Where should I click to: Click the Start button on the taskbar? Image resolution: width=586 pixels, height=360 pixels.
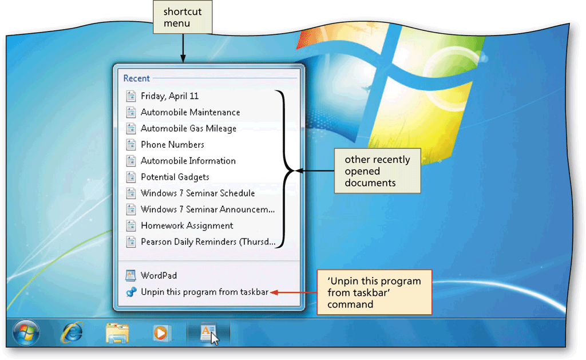pos(26,333)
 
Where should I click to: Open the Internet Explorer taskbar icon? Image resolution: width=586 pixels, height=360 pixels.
pos(72,332)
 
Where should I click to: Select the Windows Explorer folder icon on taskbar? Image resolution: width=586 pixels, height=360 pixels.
pos(117,333)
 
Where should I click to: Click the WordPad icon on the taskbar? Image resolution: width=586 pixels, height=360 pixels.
pos(208,332)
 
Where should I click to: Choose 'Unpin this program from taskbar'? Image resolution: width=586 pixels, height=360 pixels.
pos(204,292)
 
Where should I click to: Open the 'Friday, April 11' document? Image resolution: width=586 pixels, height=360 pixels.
pos(169,96)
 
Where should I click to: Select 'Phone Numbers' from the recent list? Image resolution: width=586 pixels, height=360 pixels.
pos(172,145)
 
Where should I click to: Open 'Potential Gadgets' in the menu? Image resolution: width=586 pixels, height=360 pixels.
pos(175,177)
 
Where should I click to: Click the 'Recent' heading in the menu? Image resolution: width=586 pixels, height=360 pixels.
pos(136,78)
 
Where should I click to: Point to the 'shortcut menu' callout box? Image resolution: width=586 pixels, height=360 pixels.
pos(183,17)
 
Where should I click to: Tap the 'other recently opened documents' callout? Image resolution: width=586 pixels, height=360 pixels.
pos(378,171)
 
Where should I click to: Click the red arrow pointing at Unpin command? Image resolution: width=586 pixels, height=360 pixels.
pos(294,292)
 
